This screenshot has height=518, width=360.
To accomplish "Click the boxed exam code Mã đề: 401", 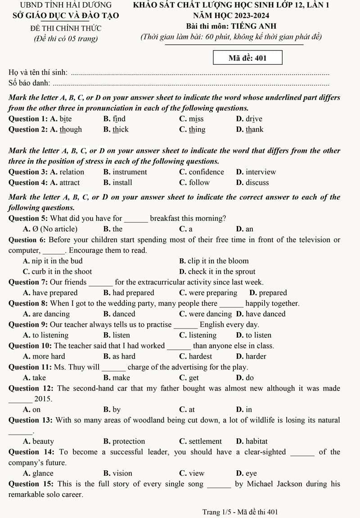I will click(247, 58).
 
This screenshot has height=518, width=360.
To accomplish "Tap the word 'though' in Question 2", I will click(71, 130).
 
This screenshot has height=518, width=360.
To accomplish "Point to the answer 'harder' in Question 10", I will click(256, 356).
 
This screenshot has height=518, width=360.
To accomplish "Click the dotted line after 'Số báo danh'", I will click(193, 84).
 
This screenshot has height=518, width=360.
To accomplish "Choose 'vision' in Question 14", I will click(122, 473).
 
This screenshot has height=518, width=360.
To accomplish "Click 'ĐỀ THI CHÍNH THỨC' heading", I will click(66, 28).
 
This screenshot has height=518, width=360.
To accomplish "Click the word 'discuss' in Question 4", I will click(257, 183).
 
